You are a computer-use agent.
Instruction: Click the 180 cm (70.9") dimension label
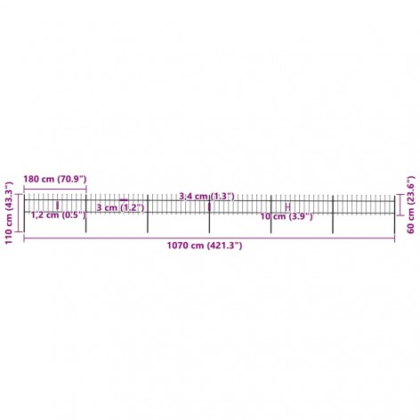pos(55,179)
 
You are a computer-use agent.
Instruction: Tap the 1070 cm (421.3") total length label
pos(205,246)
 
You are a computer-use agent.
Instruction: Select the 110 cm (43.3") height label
pos(10,213)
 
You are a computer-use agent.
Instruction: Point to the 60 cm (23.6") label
pos(410,205)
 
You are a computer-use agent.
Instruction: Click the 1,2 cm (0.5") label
pos(59,214)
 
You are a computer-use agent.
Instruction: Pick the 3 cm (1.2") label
pos(120,207)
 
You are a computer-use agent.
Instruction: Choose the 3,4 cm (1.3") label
pos(206,197)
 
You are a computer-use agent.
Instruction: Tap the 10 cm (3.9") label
pos(287,217)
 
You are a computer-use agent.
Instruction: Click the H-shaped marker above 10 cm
pos(287,207)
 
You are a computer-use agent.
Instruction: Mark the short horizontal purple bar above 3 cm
pos(124,200)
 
